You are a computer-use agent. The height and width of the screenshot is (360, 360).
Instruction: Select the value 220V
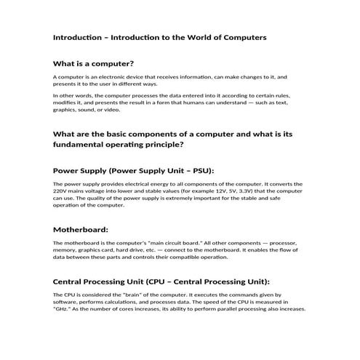point(63,192)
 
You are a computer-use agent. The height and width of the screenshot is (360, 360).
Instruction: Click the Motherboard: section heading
point(81,228)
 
